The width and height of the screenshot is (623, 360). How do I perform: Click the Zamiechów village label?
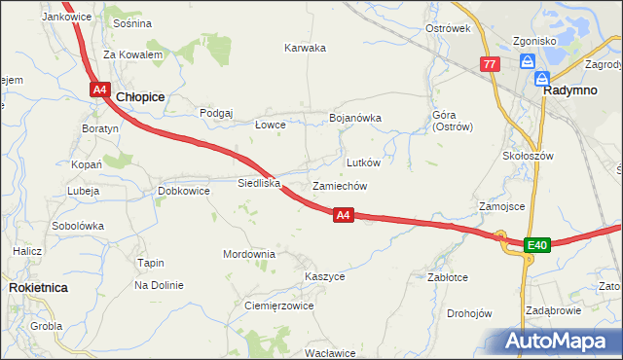click(340, 186)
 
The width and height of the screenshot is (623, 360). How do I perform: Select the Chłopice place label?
click(140, 97)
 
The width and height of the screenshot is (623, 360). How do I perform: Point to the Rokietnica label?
click(37, 288)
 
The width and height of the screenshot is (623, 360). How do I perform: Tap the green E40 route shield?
click(537, 244)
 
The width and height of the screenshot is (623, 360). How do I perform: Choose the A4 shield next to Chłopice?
click(100, 90)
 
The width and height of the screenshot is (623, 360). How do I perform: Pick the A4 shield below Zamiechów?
click(343, 215)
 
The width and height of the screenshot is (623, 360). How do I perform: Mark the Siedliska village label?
click(259, 183)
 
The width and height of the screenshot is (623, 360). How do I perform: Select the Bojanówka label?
click(355, 118)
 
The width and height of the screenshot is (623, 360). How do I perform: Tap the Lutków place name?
click(364, 162)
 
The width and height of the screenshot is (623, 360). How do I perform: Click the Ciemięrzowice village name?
click(277, 306)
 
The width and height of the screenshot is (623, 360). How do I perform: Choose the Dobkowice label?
click(184, 191)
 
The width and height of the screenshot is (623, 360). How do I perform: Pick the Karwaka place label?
click(305, 48)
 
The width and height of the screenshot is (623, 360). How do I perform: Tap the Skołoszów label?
click(529, 156)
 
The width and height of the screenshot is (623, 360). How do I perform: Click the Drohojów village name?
click(469, 313)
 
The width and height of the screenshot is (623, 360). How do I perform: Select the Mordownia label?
click(249, 254)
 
